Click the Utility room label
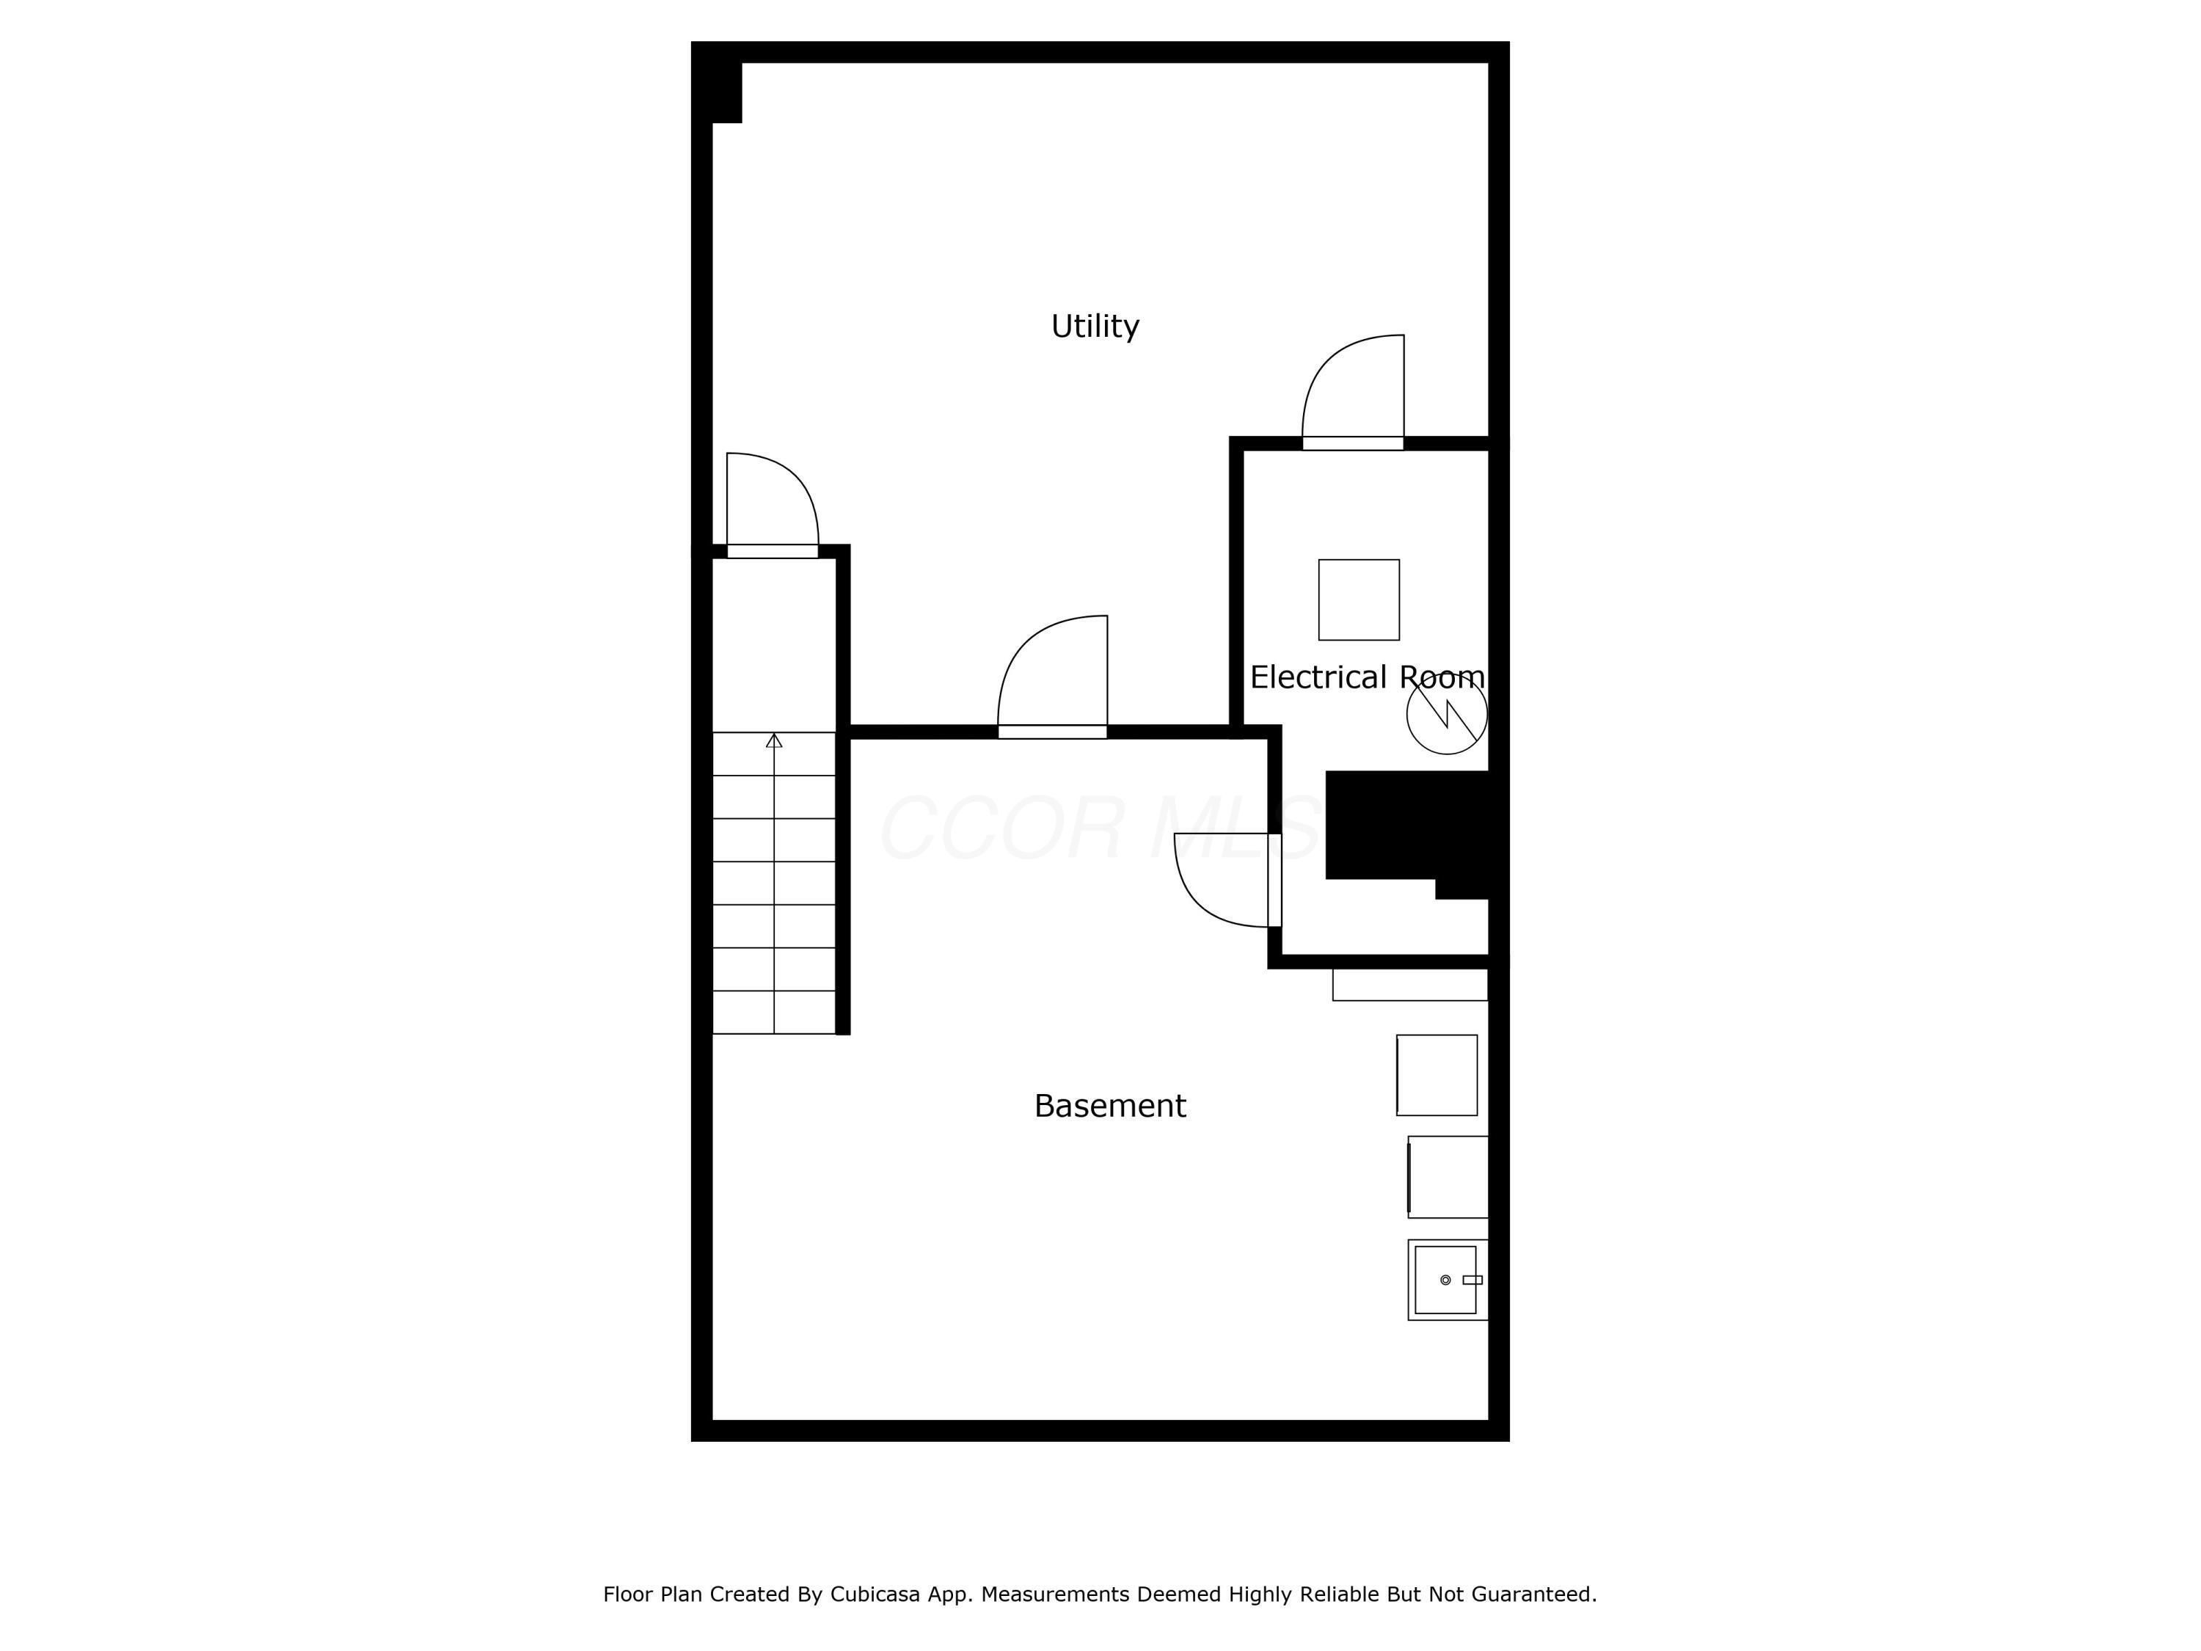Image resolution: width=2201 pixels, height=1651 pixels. coord(1095,327)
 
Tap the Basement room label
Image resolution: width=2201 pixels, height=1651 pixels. coord(1109,1106)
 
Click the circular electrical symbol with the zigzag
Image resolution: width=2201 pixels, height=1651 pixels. coord(1446,713)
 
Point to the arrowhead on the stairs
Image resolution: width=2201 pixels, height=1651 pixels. coord(774,740)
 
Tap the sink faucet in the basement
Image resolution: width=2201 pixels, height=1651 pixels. coord(1472,1280)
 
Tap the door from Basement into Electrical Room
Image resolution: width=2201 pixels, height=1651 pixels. coord(1226,880)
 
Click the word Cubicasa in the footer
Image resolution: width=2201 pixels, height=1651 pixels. coord(874,1594)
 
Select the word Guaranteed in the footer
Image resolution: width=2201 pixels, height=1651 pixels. coord(1533,1594)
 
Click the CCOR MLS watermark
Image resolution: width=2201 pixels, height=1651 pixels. coord(1100,828)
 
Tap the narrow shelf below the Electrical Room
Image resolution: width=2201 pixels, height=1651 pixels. coord(1410,984)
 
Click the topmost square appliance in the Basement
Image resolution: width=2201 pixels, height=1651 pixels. coord(1437,1075)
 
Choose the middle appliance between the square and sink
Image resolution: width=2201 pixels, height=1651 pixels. coord(1448,1176)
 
